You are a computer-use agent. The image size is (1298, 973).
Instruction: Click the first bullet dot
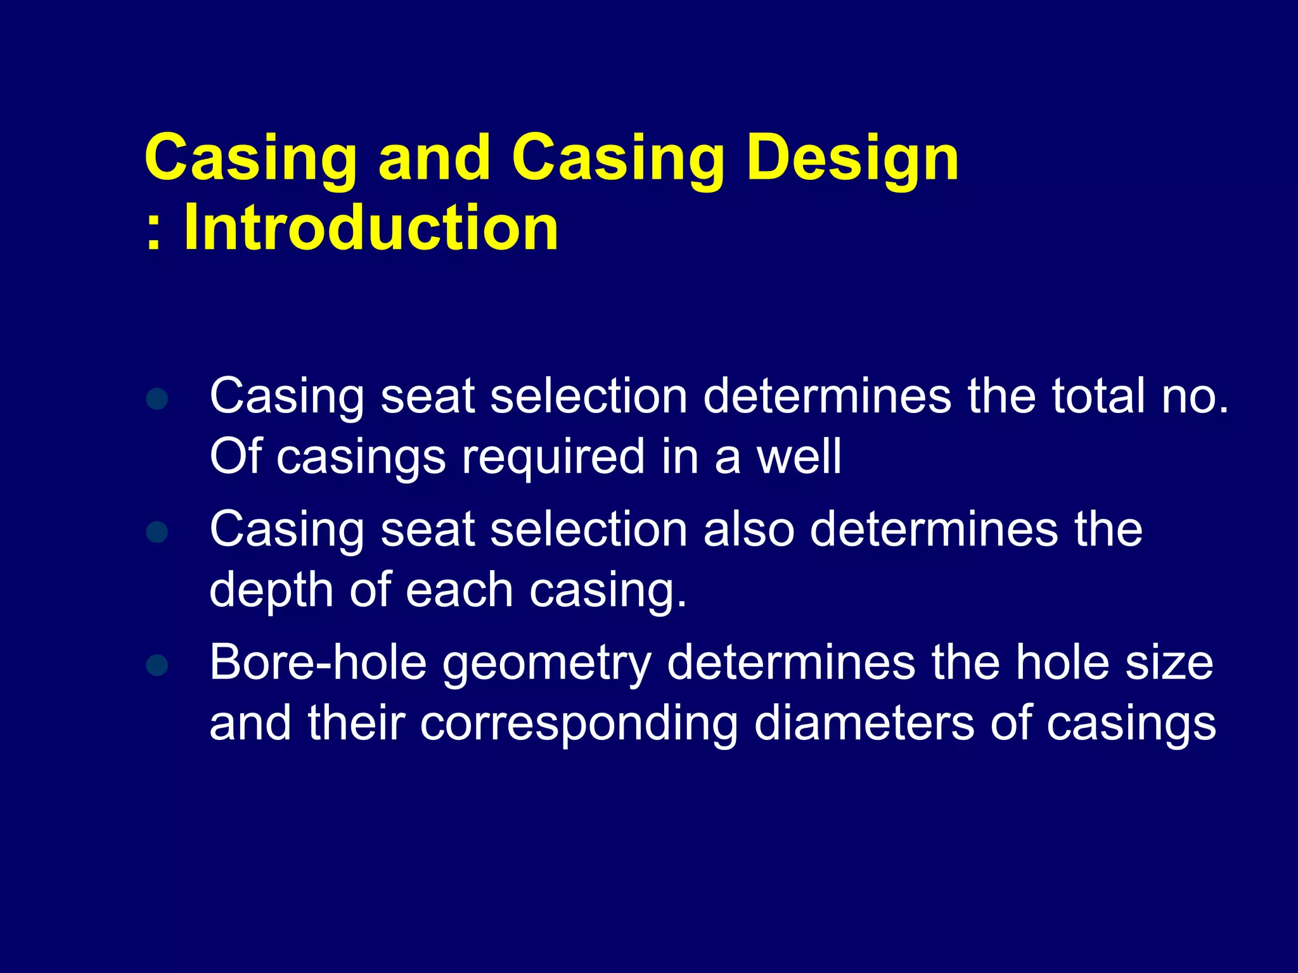[x=157, y=399]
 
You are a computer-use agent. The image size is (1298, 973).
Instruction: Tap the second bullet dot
[x=157, y=532]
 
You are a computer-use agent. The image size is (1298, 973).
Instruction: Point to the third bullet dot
[x=157, y=665]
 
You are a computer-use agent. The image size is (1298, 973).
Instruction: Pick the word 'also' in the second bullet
[x=749, y=530]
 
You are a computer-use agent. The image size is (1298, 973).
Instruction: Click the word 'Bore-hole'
[x=318, y=663]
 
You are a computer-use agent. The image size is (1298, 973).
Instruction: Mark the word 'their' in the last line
[x=356, y=723]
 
